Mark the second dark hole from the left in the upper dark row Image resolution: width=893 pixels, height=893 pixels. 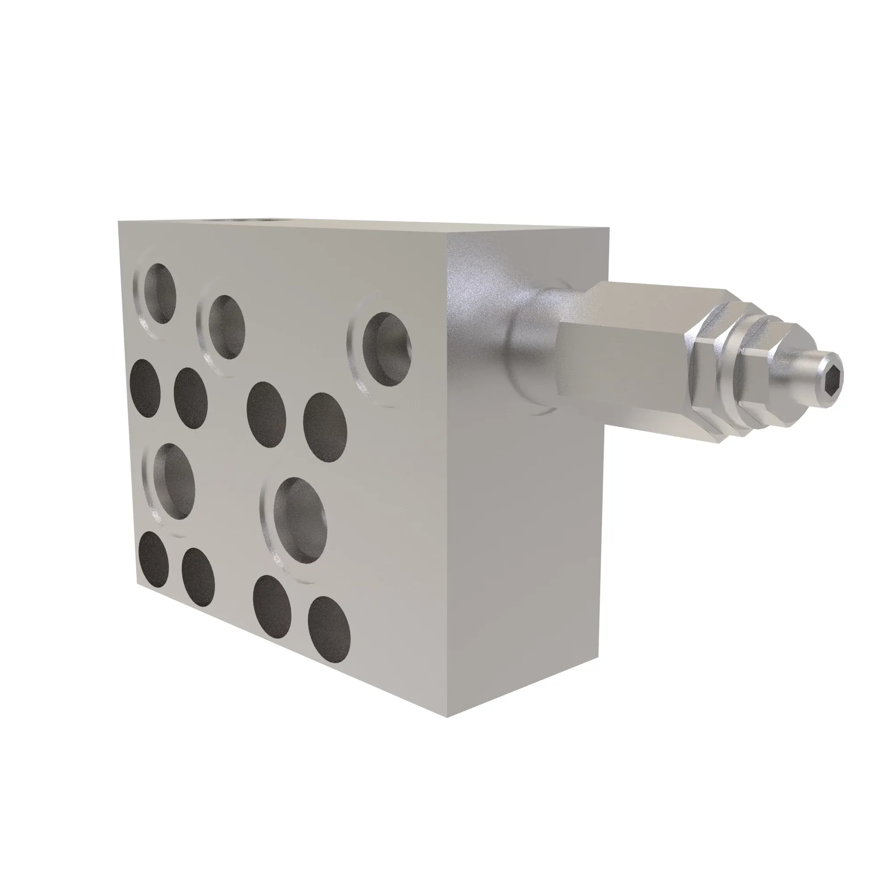(x=191, y=398)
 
